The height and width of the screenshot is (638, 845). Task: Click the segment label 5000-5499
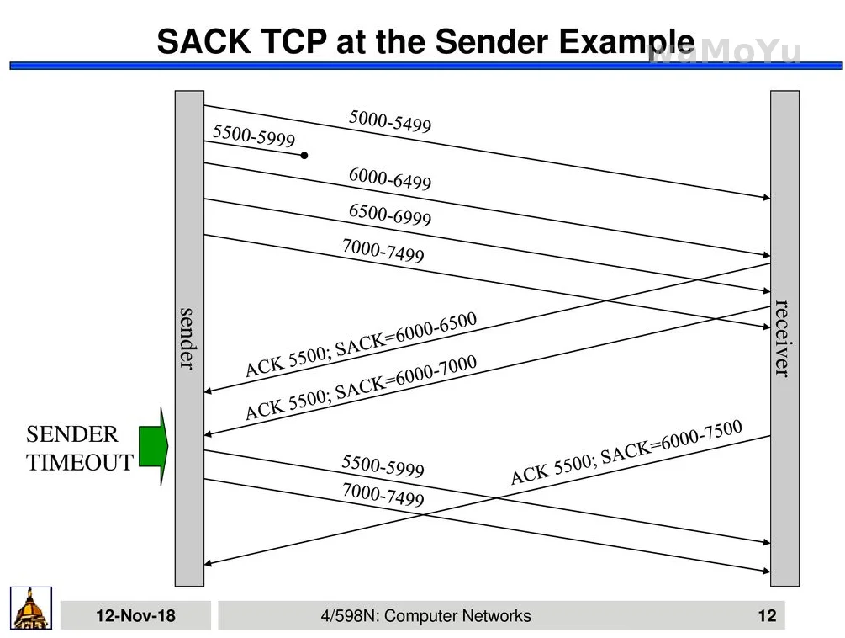390,122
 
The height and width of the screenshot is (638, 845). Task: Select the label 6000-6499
390,179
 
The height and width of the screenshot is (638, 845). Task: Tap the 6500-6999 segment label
390,215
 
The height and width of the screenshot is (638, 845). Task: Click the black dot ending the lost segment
304,156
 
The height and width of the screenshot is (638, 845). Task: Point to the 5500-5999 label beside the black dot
254,136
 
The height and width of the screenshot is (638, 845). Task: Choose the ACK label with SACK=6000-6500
361,344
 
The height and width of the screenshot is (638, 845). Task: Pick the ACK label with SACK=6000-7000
361,387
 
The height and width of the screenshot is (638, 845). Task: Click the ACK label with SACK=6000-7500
626,452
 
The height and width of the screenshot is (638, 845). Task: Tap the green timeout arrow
153,446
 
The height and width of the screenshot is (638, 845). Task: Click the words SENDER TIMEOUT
79,449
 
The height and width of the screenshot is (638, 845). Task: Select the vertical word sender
187,338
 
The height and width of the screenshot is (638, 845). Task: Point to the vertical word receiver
783,338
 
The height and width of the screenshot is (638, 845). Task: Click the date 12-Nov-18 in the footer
135,616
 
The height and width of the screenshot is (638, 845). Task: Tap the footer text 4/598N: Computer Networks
425,616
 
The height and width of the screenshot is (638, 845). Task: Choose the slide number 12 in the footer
767,616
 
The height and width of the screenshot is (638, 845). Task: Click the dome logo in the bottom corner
31,608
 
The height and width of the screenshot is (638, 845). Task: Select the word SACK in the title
201,42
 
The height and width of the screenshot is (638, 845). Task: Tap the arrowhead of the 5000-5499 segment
767,198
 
